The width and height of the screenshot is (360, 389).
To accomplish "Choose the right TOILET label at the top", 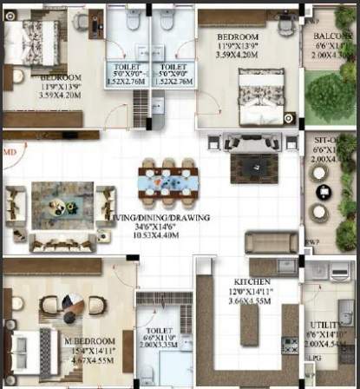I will coord(173,65).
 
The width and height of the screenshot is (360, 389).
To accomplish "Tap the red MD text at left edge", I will coord(10,151).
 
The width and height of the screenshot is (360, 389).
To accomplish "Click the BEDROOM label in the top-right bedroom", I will coord(237,37).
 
